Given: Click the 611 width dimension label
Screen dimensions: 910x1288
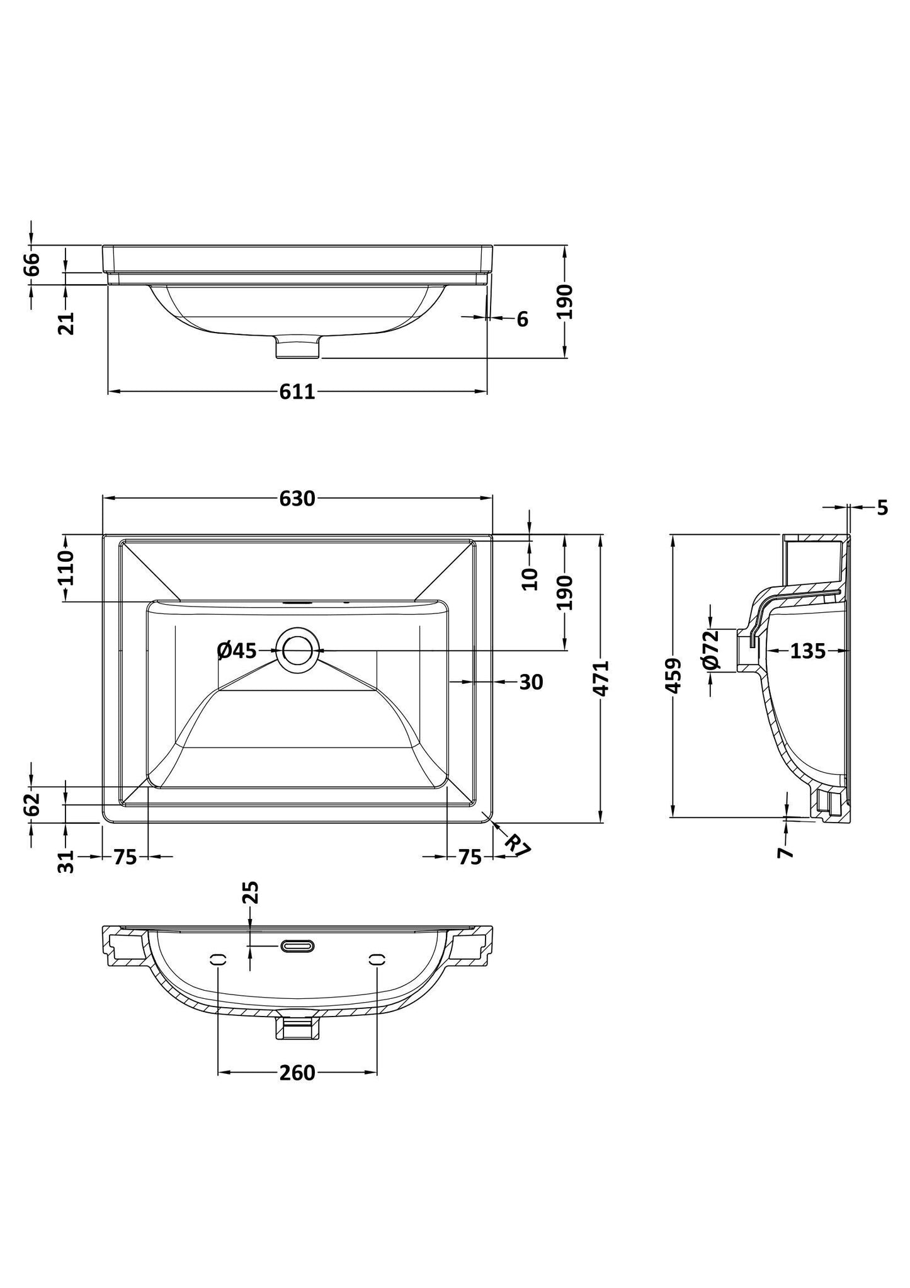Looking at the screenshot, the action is pyautogui.click(x=297, y=392).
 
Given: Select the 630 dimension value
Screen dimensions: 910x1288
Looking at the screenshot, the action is pyautogui.click(x=297, y=499).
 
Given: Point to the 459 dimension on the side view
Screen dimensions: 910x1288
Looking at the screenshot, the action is pyautogui.click(x=674, y=676).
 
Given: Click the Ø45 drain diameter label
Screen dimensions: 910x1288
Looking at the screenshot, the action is pyautogui.click(x=237, y=650).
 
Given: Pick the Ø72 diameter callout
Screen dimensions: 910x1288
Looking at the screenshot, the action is pyautogui.click(x=710, y=650).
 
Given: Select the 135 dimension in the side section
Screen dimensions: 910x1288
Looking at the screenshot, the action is pyautogui.click(x=807, y=651).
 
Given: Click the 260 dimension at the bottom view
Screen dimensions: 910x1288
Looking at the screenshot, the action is pyautogui.click(x=297, y=1073).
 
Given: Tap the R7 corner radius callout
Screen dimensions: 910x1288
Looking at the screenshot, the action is pyautogui.click(x=518, y=845).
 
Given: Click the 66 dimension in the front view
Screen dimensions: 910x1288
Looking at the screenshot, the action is pyautogui.click(x=32, y=264).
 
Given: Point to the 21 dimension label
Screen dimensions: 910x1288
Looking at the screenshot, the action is pyautogui.click(x=66, y=323).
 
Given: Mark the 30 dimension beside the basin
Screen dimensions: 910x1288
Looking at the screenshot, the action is pyautogui.click(x=531, y=681).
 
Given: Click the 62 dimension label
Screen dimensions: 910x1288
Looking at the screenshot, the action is pyautogui.click(x=32, y=804).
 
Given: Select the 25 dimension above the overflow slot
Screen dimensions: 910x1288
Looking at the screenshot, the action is pyautogui.click(x=251, y=892).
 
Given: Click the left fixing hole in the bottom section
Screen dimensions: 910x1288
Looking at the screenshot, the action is pyautogui.click(x=218, y=959).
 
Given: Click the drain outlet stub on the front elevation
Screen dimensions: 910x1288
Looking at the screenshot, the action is pyautogui.click(x=299, y=347).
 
